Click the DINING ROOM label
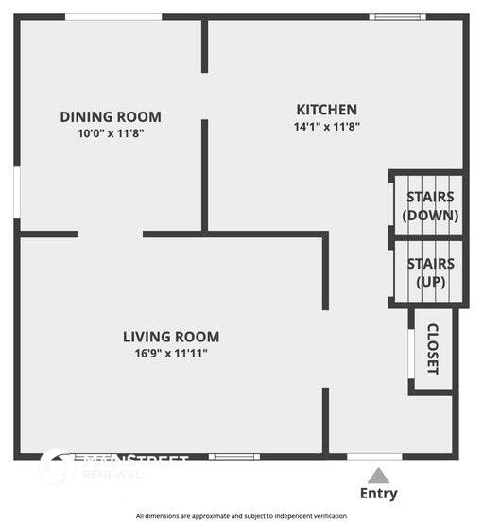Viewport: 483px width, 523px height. coord(111,117)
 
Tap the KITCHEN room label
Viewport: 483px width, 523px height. coord(327,110)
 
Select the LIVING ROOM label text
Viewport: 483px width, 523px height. coord(171,337)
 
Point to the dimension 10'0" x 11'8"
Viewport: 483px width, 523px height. coord(111,133)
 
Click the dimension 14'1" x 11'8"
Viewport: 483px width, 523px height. coord(327,126)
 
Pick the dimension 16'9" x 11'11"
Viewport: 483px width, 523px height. coord(171,353)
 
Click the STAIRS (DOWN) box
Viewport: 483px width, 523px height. coord(429,205)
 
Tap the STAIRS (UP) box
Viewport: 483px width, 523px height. coord(429,272)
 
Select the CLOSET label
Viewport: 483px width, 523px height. coord(434,349)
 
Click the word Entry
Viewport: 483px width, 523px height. coord(378,493)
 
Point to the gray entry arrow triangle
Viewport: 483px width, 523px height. coord(378,475)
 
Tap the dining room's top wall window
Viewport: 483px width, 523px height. coord(112,17)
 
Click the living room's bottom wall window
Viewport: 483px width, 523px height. coord(233,457)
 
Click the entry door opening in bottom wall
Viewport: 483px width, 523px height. coord(374,457)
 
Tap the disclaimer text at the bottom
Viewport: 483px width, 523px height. coord(242,516)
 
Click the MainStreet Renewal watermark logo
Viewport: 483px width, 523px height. coord(113,466)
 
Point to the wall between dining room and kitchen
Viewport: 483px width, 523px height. coord(204,175)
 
